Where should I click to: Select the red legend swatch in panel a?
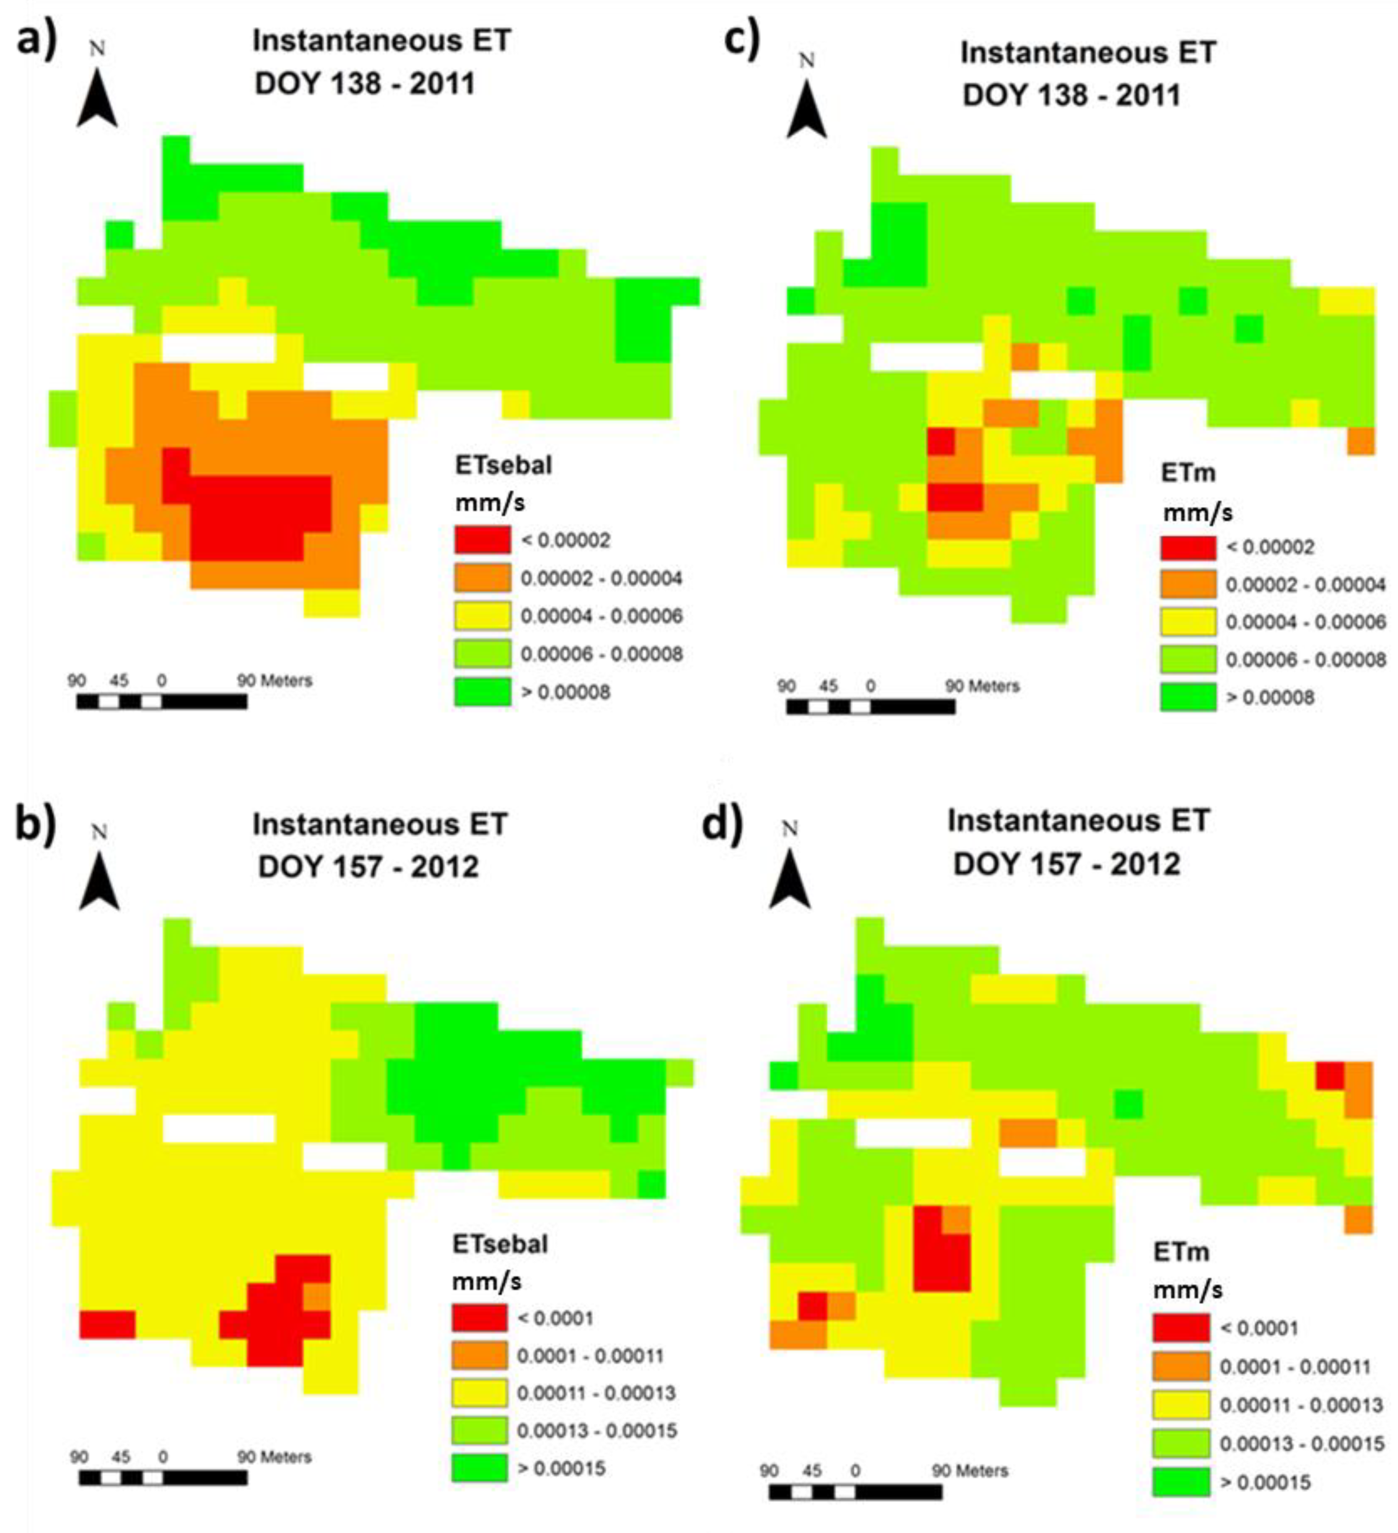482,540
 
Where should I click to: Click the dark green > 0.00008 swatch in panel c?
1187,697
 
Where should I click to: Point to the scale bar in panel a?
161,701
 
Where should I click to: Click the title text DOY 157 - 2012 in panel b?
368,867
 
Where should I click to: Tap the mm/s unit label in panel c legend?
1197,513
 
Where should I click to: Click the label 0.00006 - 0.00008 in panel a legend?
601,654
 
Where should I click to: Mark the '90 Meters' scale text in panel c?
981,686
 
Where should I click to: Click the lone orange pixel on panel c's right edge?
1361,441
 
